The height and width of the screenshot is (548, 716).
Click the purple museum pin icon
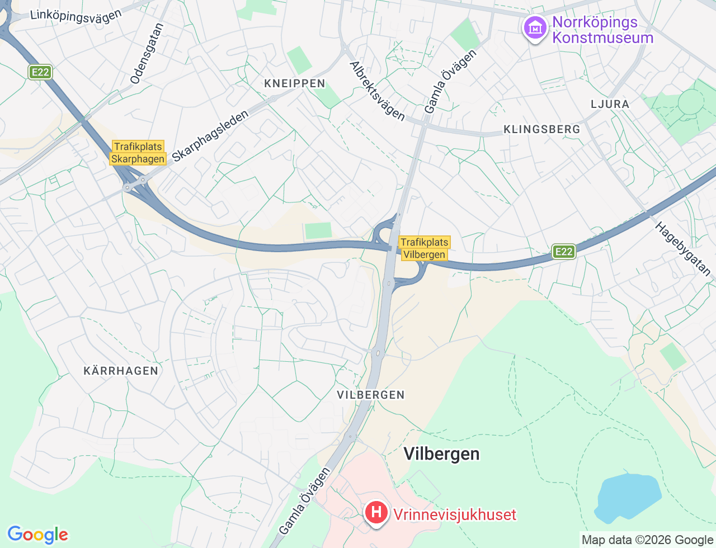pos(535,27)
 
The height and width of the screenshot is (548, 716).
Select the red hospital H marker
pos(376,512)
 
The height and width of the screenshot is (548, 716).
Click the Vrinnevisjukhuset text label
pos(454,514)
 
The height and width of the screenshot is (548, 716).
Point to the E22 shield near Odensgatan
pos(40,72)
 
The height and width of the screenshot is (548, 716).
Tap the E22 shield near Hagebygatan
pos(563,252)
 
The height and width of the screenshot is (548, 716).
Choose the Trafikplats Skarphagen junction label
pos(138,153)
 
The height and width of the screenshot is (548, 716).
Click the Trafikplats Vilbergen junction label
pos(425,248)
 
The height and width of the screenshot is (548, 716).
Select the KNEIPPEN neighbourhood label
pos(294,83)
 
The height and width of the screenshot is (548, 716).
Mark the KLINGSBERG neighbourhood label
pos(541,129)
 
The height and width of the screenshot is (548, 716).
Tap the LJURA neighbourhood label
pos(610,104)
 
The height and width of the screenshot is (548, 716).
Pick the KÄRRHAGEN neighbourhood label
pos(121,371)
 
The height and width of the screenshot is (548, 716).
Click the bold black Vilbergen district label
pos(441,453)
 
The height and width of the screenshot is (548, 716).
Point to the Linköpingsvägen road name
pos(76,15)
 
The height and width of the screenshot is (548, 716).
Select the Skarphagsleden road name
pos(210,136)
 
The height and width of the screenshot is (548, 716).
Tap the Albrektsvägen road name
pos(377,91)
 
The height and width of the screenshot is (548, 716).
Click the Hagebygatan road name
pos(683,249)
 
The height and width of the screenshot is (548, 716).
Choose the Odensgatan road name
pos(147,54)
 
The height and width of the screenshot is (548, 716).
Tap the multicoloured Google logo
pos(37,535)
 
